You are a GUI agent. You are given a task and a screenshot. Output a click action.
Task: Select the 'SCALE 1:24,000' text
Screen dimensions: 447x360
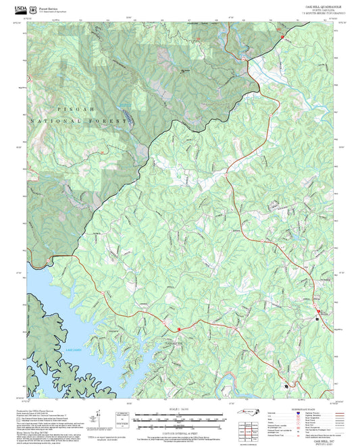pos(180,408)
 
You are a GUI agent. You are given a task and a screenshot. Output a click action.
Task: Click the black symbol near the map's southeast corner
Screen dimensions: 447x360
pos(286,386)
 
